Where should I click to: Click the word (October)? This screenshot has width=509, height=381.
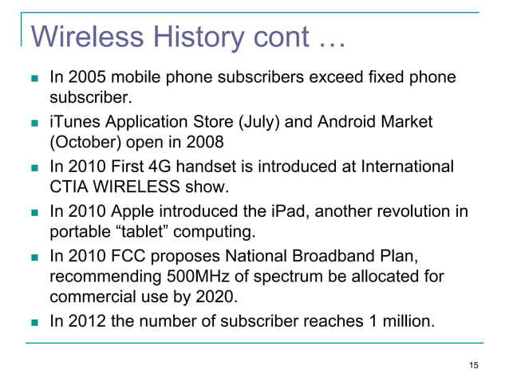tap(85, 144)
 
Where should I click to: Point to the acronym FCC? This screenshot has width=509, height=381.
tap(128, 257)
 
